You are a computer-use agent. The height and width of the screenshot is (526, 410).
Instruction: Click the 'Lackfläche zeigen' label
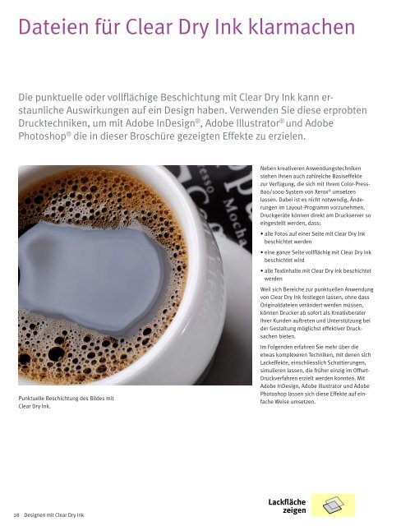click(287, 505)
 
